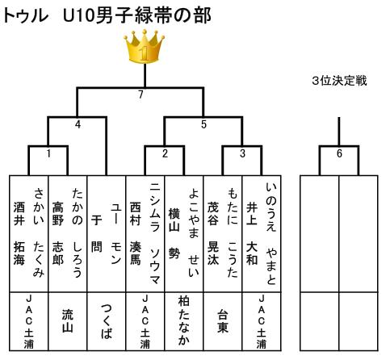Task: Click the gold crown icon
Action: click(145, 46)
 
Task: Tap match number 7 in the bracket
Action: click(140, 94)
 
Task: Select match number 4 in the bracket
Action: click(78, 124)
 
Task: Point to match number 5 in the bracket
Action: click(203, 124)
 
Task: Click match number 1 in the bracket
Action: click(48, 153)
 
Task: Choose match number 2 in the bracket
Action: click(165, 153)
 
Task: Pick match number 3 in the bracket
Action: click(242, 153)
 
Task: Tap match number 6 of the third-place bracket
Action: click(339, 153)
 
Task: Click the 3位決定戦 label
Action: click(339, 81)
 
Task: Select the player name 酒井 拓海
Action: click(19, 233)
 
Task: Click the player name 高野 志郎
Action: click(58, 233)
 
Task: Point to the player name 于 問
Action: click(97, 233)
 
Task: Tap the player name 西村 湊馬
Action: click(136, 233)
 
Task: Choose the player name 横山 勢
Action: click(174, 233)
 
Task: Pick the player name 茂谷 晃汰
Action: click(213, 233)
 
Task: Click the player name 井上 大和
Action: click(252, 233)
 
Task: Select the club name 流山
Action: click(68, 321)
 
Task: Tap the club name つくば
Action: click(107, 321)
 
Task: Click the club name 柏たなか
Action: click(184, 321)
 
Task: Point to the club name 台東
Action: click(223, 321)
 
